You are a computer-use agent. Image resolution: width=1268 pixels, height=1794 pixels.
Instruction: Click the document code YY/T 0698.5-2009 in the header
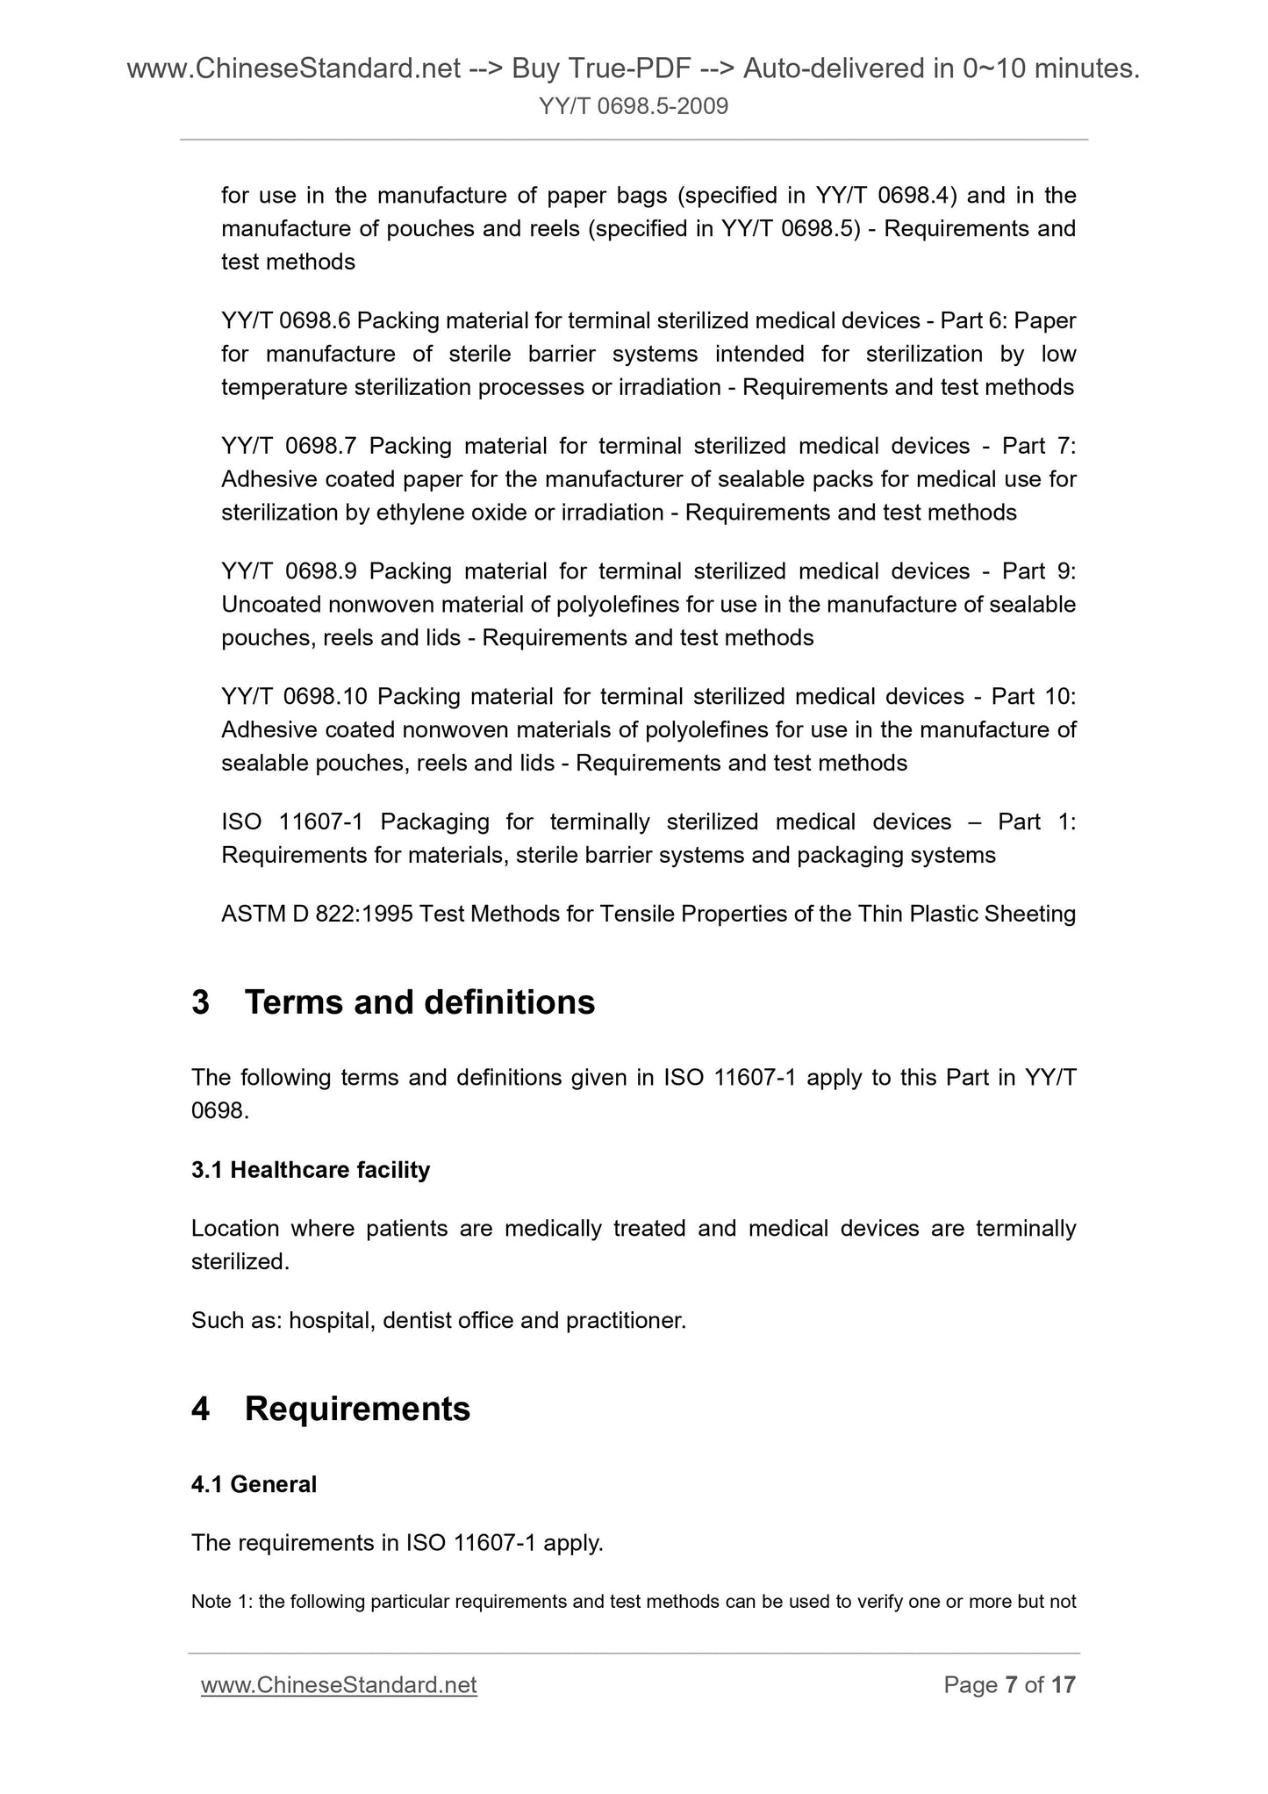pos(634,107)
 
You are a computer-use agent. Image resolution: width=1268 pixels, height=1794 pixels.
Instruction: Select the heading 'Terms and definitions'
pos(419,1002)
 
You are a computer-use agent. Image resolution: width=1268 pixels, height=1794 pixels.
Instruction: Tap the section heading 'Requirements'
pos(357,1409)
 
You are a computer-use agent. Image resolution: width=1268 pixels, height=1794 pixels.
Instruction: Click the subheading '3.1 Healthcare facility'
pos(311,1170)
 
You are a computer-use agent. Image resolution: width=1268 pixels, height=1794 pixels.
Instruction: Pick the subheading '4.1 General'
pos(254,1484)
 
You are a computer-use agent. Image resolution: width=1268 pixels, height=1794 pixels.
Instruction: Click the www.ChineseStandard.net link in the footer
pos(339,1685)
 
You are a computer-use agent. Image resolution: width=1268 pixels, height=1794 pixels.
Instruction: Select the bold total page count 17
pos(1063,1685)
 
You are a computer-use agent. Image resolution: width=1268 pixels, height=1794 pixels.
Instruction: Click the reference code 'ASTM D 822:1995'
pos(317,914)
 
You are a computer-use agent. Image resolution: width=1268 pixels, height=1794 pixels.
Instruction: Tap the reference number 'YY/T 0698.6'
pos(285,321)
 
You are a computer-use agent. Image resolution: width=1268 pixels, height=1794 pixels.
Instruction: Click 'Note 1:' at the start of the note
pos(222,1602)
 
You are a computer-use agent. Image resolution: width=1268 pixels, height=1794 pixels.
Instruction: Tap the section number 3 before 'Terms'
pos(200,1002)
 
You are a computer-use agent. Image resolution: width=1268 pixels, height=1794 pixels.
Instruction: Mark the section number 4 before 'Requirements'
pos(200,1409)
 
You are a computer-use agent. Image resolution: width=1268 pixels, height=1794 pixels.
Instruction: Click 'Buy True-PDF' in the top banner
pos(600,68)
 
